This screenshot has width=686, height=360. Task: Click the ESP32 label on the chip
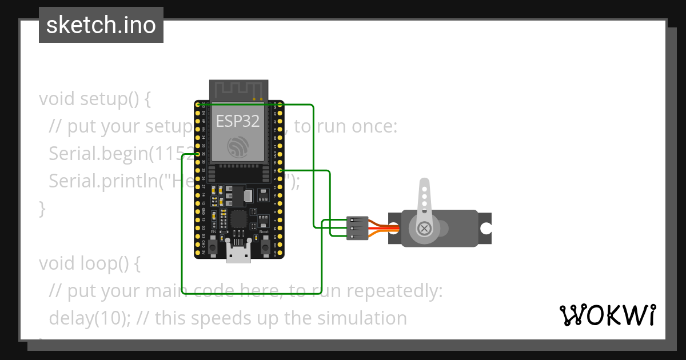[238, 121]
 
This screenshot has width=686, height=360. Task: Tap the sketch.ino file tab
[101, 25]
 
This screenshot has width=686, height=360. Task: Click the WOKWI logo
[607, 315]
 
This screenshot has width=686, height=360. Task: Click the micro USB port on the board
[238, 251]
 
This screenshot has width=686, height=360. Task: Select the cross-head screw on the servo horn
[424, 228]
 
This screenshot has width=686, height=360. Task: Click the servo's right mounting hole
[485, 229]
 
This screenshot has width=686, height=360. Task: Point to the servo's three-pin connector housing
[357, 228]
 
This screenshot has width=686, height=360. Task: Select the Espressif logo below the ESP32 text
[238, 147]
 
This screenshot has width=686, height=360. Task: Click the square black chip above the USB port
[238, 219]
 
